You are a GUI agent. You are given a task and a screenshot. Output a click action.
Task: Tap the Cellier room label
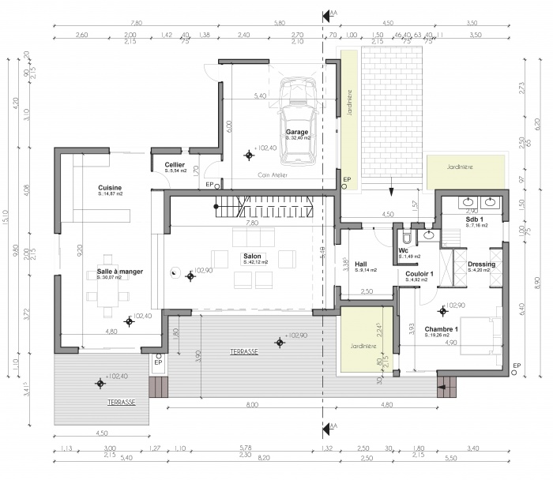[x=175, y=164]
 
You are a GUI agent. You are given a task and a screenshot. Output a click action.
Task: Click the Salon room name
[x=252, y=257]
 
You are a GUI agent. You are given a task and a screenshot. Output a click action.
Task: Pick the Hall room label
[x=361, y=264]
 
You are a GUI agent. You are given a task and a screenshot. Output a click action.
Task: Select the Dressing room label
[x=481, y=264]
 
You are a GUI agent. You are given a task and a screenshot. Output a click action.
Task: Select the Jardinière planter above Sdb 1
[x=466, y=167]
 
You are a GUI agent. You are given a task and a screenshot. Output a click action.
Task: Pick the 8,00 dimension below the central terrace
[x=251, y=405]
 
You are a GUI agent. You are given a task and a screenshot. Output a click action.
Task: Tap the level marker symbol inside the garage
[x=248, y=155]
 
